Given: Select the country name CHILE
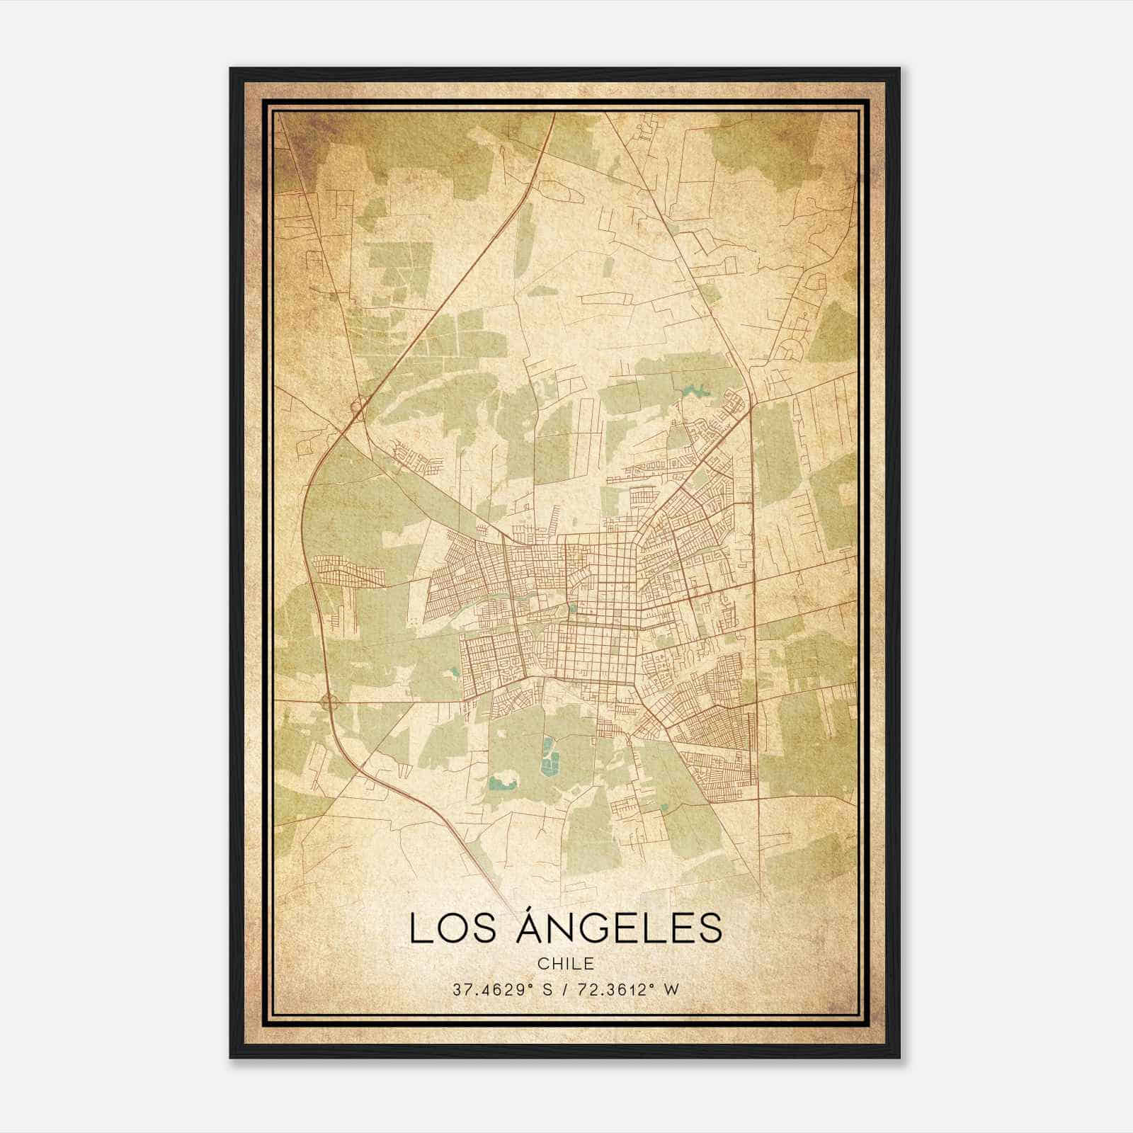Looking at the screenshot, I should click(x=566, y=964).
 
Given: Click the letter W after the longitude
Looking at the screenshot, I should click(x=670, y=989).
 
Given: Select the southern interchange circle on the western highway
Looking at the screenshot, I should click(x=328, y=702).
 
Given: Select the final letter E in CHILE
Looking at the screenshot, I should click(x=589, y=964).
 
